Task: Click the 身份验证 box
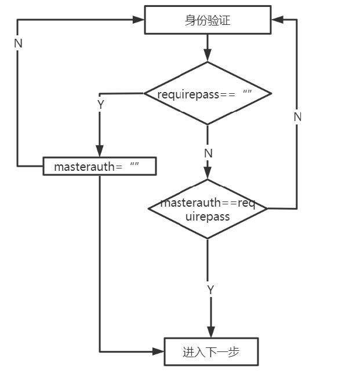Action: [x=208, y=20]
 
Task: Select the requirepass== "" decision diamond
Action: [x=208, y=93]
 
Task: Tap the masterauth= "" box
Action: [x=100, y=167]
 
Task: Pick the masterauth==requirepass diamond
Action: [x=208, y=209]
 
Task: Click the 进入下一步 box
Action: [x=210, y=352]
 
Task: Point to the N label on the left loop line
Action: [x=18, y=43]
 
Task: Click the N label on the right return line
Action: [x=297, y=116]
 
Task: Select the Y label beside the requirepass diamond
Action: [x=100, y=105]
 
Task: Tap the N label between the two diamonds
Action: [x=208, y=153]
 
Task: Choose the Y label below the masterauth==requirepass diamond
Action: [x=210, y=289]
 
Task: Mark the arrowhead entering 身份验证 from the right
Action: [x=277, y=20]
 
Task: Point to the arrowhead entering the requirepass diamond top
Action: [x=208, y=56]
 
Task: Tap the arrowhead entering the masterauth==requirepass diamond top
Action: [x=208, y=174]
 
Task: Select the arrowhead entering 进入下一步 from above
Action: [x=210, y=332]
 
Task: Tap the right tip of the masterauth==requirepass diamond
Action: [x=267, y=208]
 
